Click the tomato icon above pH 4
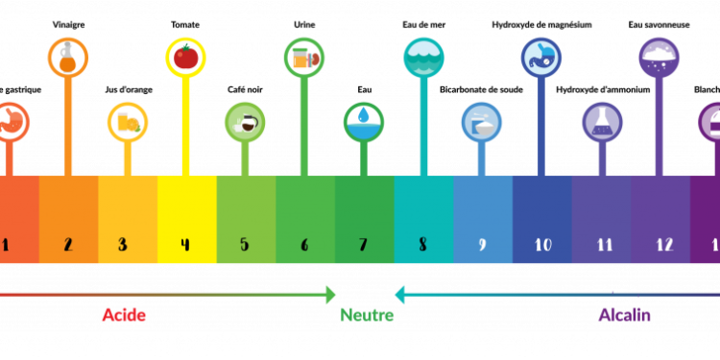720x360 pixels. tap(185, 58)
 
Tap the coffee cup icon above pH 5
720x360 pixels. tap(245, 122)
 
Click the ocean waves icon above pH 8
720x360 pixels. tap(423, 58)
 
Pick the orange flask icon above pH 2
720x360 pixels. tap(67, 58)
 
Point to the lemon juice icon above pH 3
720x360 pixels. tap(127, 122)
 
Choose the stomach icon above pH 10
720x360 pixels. tap(541, 58)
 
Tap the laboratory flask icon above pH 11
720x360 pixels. tap(602, 122)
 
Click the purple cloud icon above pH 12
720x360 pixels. tap(660, 58)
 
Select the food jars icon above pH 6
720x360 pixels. tap(304, 58)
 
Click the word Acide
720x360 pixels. tap(124, 315)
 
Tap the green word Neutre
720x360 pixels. tap(367, 315)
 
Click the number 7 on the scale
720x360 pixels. tap(363, 244)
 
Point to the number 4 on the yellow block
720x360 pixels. tap(184, 244)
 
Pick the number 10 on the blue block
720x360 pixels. tap(542, 244)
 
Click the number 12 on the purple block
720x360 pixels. tap(663, 244)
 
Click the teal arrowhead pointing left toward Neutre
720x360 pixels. tap(400, 294)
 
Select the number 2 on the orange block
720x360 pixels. tap(68, 244)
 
